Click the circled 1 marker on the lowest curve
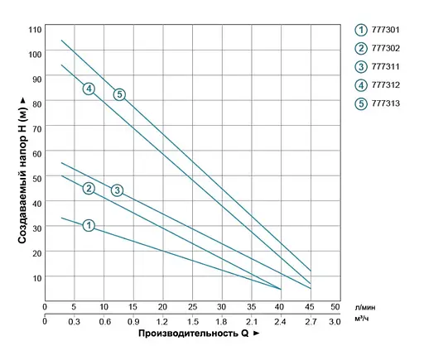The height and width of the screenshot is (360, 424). [89, 224]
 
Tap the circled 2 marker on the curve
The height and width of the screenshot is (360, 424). [89, 188]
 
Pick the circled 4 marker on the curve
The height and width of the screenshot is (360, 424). [89, 89]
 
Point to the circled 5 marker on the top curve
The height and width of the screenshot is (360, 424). [119, 94]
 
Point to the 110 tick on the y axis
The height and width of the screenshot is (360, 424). [34, 29]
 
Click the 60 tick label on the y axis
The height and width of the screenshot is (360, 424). [36, 153]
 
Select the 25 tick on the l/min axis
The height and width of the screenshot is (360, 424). [192, 307]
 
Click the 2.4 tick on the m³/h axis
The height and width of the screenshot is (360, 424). [280, 321]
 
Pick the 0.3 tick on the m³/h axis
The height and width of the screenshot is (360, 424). [74, 321]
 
